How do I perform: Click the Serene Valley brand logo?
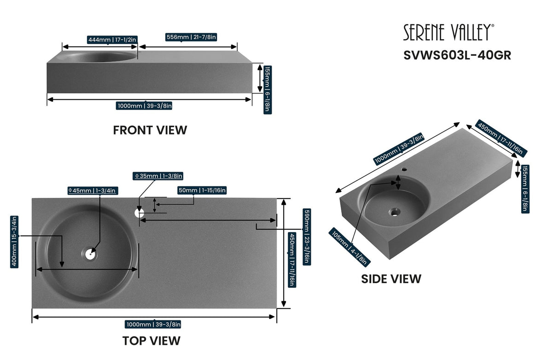tap(449, 33)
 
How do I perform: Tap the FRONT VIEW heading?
tap(150, 130)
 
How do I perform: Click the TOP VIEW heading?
tap(151, 341)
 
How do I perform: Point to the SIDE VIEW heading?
tap(391, 279)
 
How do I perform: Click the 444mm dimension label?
tap(112, 40)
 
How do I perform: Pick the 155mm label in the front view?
tap(268, 89)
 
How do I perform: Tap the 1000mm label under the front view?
tap(145, 106)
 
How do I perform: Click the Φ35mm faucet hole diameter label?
tap(158, 176)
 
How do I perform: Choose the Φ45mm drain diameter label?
tap(92, 190)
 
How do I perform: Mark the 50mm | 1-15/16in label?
tap(202, 190)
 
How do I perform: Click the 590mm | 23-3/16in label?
tap(306, 237)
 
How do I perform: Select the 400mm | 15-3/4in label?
tap(14, 242)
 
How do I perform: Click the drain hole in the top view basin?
tap(90, 253)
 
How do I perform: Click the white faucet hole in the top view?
tap(139, 213)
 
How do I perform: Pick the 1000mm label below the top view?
tap(153, 325)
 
